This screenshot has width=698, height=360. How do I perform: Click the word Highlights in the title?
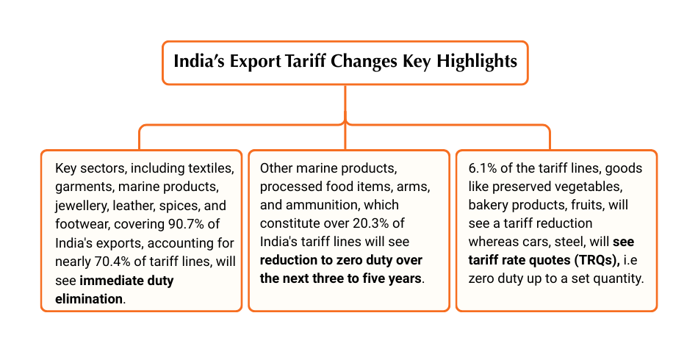[477, 61]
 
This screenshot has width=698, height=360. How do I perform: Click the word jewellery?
[82, 205]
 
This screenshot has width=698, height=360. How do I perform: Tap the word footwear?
[82, 223]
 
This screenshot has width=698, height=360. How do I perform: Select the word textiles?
[210, 168]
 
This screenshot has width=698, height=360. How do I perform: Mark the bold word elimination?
[90, 298]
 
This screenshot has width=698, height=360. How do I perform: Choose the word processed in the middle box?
[293, 187]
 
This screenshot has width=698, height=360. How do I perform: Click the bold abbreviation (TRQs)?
[589, 261]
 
